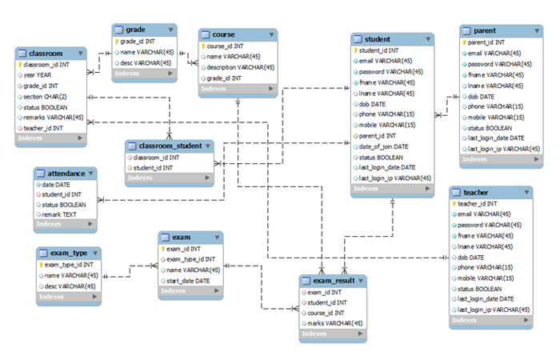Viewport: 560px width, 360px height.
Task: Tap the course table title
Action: click(224, 35)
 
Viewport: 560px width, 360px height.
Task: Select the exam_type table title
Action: click(68, 253)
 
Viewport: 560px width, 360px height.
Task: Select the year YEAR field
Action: click(39, 74)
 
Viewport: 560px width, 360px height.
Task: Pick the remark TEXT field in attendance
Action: click(58, 214)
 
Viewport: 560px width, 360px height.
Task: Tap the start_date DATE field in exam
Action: click(188, 281)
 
